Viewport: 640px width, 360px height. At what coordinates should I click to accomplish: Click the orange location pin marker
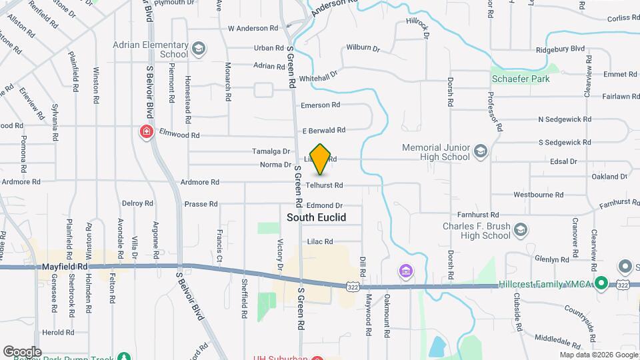tap(321, 159)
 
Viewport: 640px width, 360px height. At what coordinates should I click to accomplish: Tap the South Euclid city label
tap(316, 217)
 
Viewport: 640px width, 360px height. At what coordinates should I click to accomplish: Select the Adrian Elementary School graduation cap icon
tap(199, 49)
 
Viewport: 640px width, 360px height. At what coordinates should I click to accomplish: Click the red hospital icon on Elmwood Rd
tap(145, 132)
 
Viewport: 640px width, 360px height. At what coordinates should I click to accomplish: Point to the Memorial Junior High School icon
tap(480, 152)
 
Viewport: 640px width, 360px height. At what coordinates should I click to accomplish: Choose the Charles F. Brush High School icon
tap(520, 231)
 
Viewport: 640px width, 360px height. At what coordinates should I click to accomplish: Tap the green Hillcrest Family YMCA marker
tap(600, 285)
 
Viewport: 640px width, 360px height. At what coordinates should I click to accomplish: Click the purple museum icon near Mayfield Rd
tap(405, 271)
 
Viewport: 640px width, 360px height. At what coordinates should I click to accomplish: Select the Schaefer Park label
tap(521, 79)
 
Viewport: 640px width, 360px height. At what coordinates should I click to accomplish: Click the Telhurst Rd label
tap(324, 185)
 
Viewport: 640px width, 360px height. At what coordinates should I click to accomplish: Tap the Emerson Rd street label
tap(320, 105)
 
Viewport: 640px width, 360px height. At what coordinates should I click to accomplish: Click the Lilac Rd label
tap(320, 241)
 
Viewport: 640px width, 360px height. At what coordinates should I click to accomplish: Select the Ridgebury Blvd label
tap(560, 49)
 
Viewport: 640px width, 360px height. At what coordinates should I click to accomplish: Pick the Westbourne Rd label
tap(539, 195)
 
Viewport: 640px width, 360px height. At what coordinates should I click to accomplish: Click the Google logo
tap(21, 351)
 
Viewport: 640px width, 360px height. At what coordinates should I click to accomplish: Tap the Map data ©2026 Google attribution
tap(598, 355)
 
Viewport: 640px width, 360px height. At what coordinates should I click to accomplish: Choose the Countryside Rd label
tap(587, 315)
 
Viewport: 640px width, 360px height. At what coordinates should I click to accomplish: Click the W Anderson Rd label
tap(253, 28)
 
